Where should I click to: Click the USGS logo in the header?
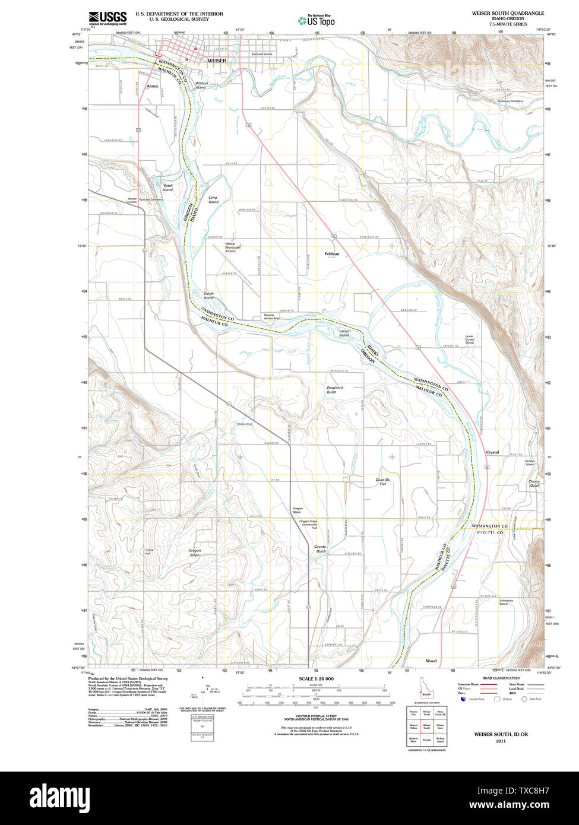pos(107,18)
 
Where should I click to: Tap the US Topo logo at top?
pos(317,21)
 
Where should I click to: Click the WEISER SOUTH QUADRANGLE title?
pos(508,12)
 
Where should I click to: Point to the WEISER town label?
pos(217,61)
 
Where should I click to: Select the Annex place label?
pos(153,85)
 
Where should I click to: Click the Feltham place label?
pos(332,253)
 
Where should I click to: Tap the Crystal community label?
pos(492,452)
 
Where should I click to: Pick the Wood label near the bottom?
pos(431,661)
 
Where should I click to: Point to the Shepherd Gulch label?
pos(334,390)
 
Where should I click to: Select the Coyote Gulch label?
pos(320,549)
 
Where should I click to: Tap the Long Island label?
pos(213,199)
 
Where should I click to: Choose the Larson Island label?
pos(344,332)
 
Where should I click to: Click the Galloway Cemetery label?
pos(511,101)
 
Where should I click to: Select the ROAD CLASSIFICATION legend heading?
pos(501,678)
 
